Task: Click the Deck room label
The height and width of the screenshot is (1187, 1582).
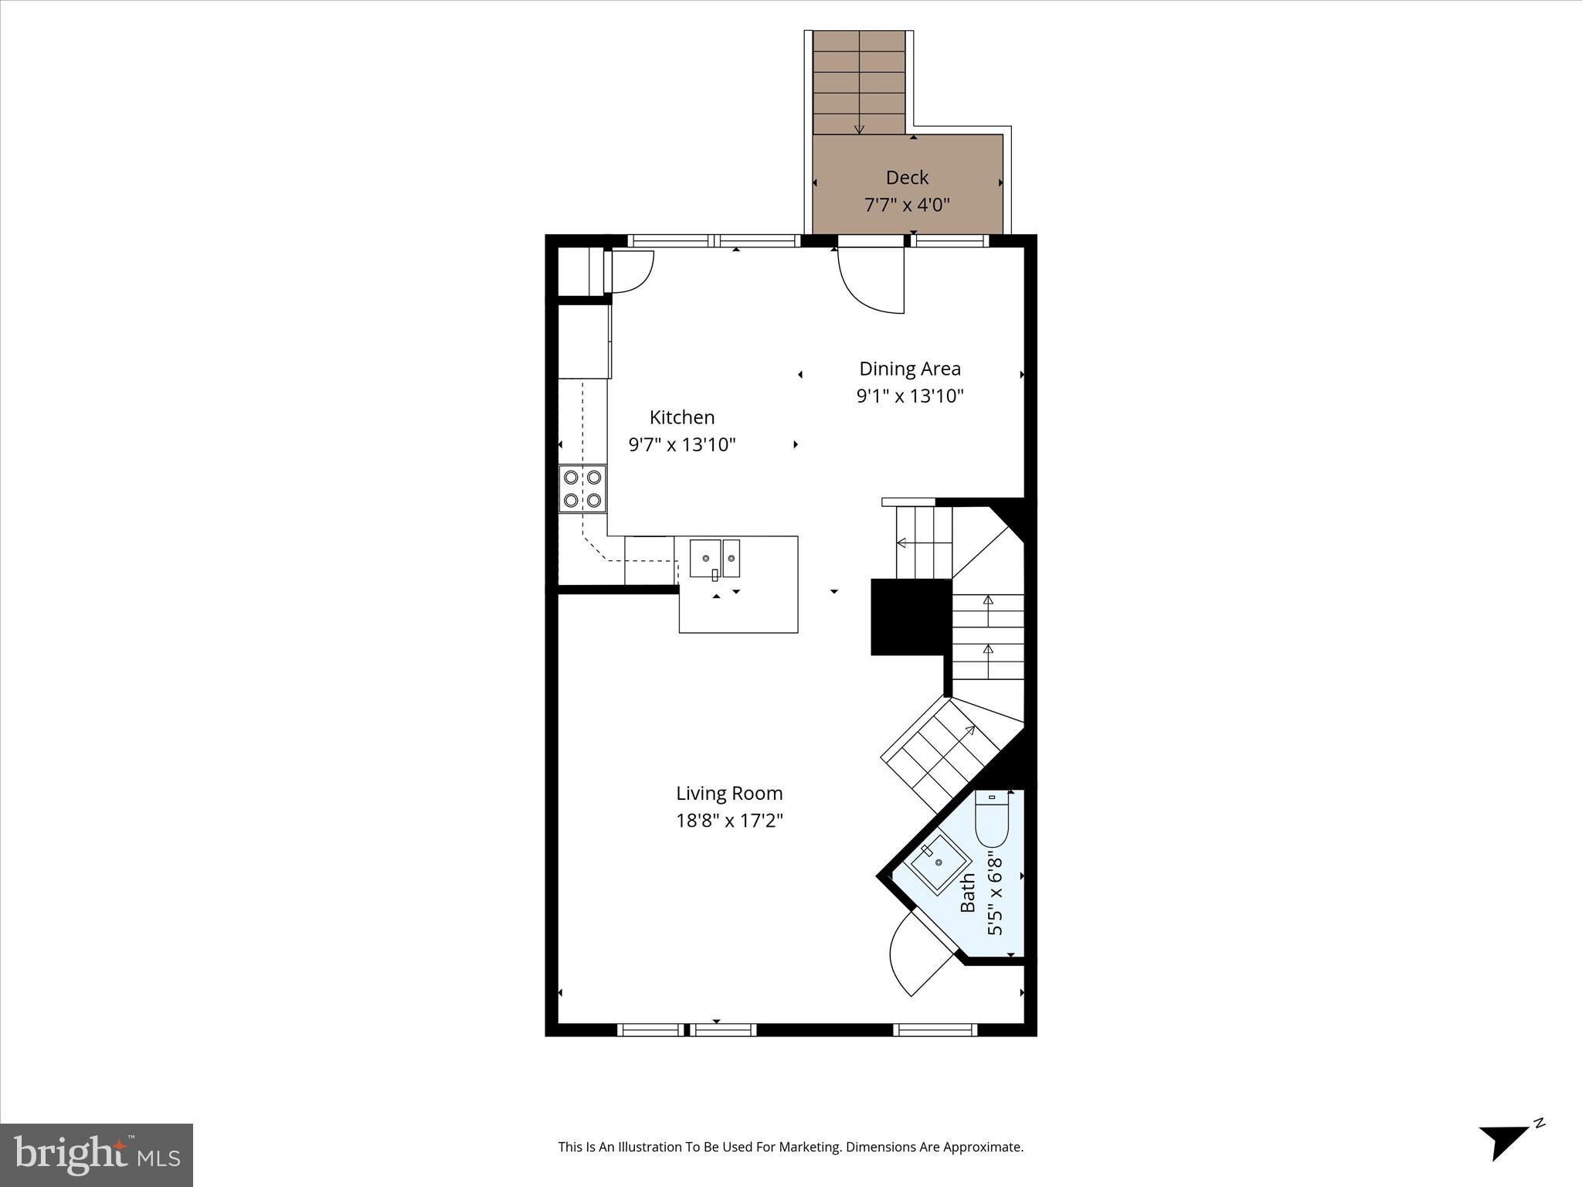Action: [907, 178]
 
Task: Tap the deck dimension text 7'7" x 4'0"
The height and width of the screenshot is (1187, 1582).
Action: [906, 206]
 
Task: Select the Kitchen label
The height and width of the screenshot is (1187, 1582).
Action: [681, 417]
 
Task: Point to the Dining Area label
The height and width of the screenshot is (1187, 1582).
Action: [910, 369]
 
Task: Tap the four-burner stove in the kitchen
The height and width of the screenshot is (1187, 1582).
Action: [582, 488]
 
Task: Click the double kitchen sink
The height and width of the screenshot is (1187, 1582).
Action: [715, 558]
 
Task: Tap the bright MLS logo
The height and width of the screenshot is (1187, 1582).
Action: [97, 1155]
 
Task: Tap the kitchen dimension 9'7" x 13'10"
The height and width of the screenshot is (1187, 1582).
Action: [681, 445]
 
